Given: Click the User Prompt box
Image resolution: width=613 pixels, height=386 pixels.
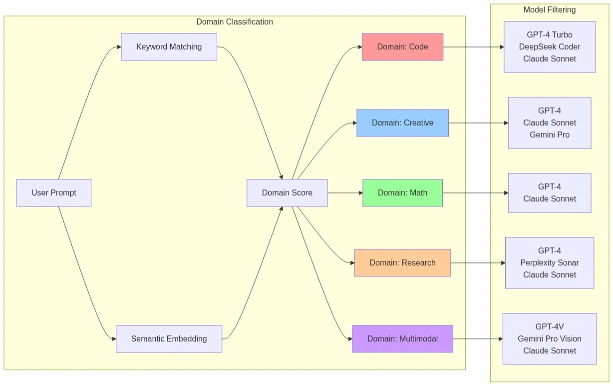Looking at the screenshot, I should tap(53, 193).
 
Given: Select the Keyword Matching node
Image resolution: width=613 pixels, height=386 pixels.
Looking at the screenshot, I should tap(169, 47).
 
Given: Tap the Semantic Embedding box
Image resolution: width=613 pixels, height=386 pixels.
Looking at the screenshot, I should tap(169, 339).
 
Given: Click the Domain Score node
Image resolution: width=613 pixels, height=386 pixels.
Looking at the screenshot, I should tap(287, 193).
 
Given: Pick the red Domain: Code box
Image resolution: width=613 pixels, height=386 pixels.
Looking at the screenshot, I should tap(402, 47).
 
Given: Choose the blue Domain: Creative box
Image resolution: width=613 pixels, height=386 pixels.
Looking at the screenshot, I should tap(402, 123).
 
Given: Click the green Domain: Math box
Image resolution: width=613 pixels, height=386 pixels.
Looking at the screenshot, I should tap(402, 193).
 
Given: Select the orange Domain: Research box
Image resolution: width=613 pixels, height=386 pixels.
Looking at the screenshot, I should tap(402, 263).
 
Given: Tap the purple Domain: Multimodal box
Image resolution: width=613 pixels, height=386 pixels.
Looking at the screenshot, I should tap(402, 339).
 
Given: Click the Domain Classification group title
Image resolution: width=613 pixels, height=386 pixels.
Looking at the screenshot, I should tap(235, 22).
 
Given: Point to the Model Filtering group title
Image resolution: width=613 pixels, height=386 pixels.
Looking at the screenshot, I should tap(549, 10).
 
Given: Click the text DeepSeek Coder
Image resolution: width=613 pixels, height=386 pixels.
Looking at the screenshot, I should tap(549, 47).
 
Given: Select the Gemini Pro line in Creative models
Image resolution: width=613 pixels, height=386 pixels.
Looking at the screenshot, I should tap(549, 135).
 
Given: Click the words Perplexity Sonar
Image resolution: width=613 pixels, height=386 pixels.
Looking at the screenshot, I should tap(549, 263).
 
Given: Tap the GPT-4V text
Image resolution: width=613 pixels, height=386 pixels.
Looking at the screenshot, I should tap(549, 327).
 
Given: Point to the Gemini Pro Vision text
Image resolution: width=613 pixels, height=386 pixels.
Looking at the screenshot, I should tap(549, 339).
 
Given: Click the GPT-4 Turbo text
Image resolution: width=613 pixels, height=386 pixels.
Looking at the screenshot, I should tap(549, 35).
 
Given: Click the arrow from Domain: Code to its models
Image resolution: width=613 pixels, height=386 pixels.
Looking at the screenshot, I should tap(473, 47).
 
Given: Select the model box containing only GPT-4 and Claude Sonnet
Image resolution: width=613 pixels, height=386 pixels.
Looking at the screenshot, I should tap(549, 193).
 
